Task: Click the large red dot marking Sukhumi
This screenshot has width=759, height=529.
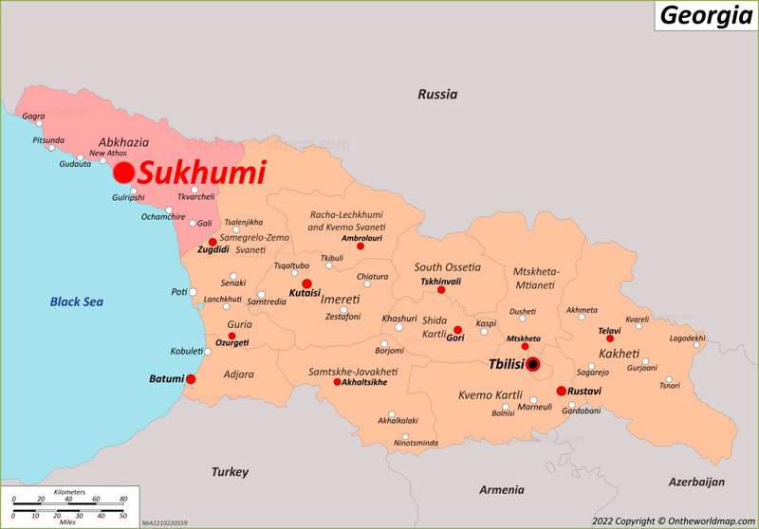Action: pyautogui.click(x=123, y=173)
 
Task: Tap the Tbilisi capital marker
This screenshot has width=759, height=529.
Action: pyautogui.click(x=533, y=364)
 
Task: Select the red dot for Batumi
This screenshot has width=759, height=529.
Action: pyautogui.click(x=191, y=379)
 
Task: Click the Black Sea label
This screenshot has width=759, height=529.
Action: pyautogui.click(x=77, y=301)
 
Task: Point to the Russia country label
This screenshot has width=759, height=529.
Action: pyautogui.click(x=437, y=94)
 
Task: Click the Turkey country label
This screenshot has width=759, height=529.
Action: pyautogui.click(x=230, y=471)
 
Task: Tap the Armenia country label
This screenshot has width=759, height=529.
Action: pyautogui.click(x=501, y=489)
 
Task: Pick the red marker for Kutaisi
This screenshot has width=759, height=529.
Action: pyautogui.click(x=306, y=283)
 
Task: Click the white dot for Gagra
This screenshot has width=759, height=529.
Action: pyautogui.click(x=39, y=123)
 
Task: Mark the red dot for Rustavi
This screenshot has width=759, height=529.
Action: pyautogui.click(x=561, y=391)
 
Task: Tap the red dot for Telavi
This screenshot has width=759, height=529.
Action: pyautogui.click(x=610, y=338)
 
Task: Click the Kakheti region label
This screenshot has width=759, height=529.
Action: pyautogui.click(x=620, y=353)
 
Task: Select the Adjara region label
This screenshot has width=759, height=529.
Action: pyautogui.click(x=238, y=374)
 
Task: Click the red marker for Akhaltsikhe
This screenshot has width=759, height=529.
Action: pyautogui.click(x=337, y=382)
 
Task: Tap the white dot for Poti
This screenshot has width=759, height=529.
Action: pyautogui.click(x=193, y=292)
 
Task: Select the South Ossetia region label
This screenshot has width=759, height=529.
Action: pyautogui.click(x=447, y=267)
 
